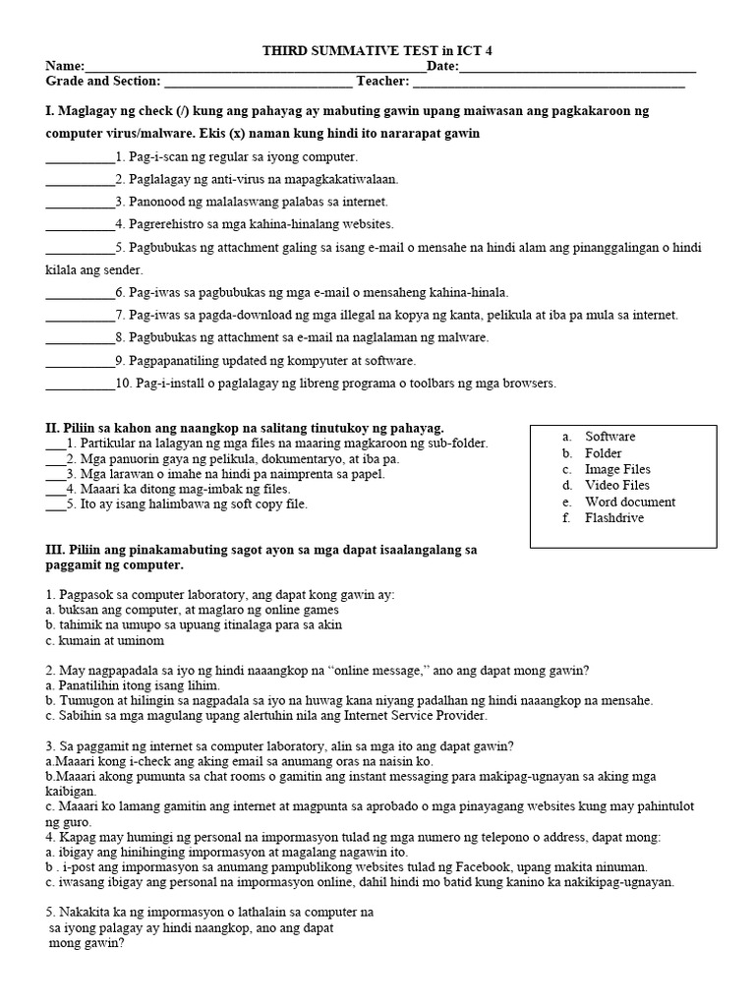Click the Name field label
[x=65, y=66]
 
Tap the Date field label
[x=442, y=66]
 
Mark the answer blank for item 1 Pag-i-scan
[x=80, y=157]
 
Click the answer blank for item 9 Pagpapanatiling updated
[x=80, y=361]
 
